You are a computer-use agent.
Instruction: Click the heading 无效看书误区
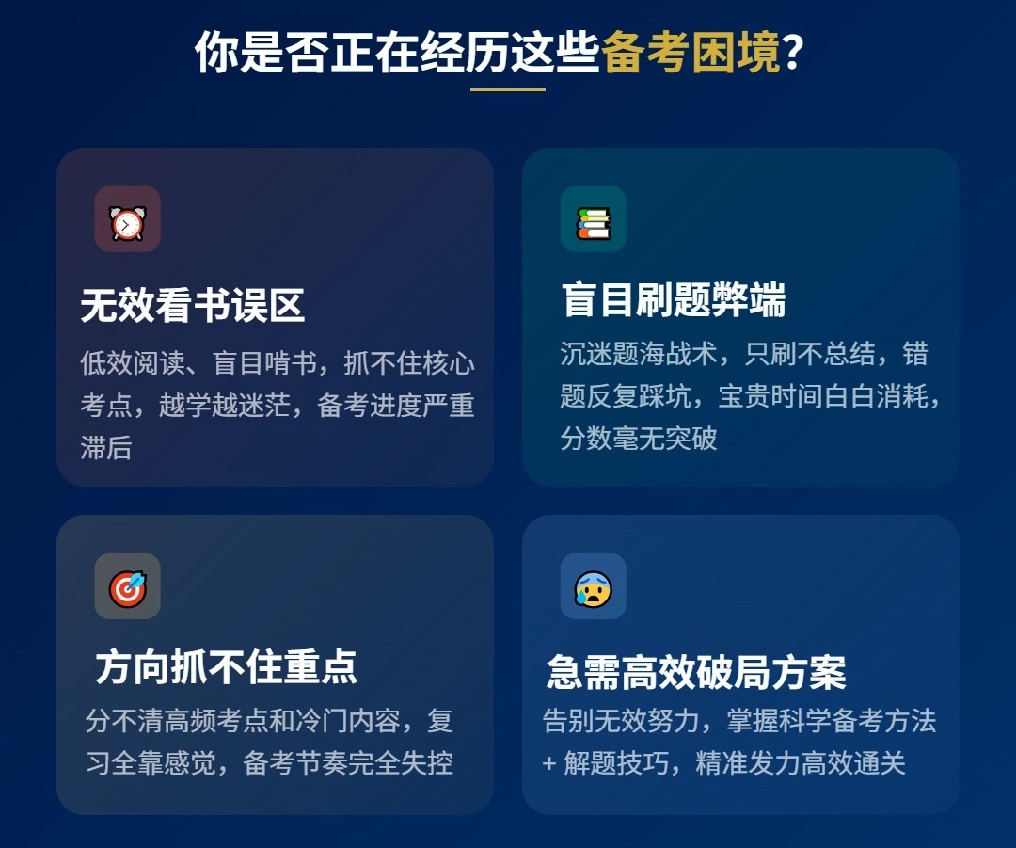193,307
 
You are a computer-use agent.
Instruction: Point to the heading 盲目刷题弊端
674,301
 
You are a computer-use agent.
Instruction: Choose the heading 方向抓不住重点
226,667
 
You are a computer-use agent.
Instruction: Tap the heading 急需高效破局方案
696,672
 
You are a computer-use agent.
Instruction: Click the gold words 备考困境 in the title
691,53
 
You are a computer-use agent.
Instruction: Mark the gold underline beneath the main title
508,89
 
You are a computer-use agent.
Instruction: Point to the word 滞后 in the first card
106,448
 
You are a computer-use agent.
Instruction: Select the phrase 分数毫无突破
639,438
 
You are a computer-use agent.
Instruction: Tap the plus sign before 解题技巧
549,763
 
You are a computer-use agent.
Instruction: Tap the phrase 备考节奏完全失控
348,763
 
